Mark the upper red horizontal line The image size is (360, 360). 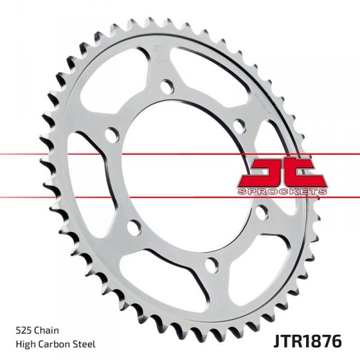pos(180,154)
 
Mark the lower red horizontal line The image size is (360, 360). pos(180,197)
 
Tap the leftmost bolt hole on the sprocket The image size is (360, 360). pos(110,134)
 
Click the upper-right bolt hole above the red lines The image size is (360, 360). pos(239,126)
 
